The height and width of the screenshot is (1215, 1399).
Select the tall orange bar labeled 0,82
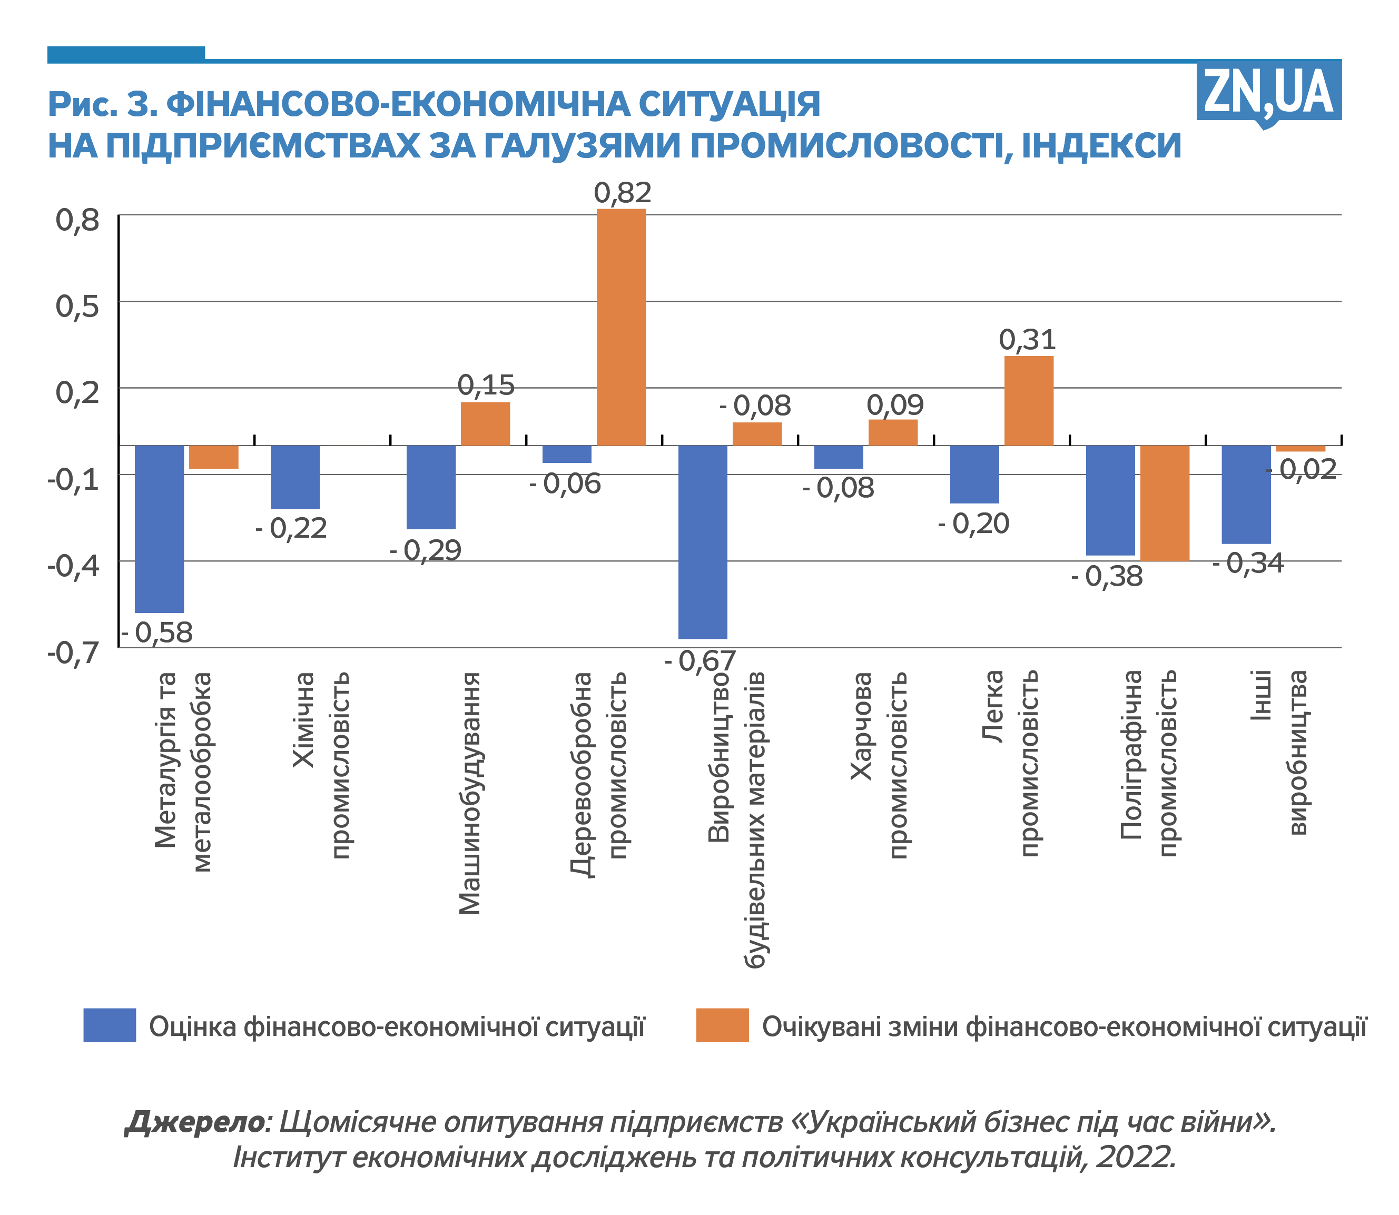[620, 327]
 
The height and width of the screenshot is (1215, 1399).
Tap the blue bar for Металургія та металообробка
[160, 528]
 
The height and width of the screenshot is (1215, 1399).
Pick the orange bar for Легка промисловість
[1028, 400]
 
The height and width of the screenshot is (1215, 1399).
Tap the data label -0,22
[291, 529]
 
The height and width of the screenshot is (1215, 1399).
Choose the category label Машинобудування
[469, 793]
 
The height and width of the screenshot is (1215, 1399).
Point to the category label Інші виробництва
[1279, 753]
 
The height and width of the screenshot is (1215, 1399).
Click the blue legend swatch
[109, 1025]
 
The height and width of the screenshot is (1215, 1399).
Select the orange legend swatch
[722, 1025]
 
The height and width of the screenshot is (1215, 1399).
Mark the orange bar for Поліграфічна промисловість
[1165, 502]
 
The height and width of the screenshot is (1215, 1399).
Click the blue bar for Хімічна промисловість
[295, 477]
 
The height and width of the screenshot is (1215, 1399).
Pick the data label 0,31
[1027, 340]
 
